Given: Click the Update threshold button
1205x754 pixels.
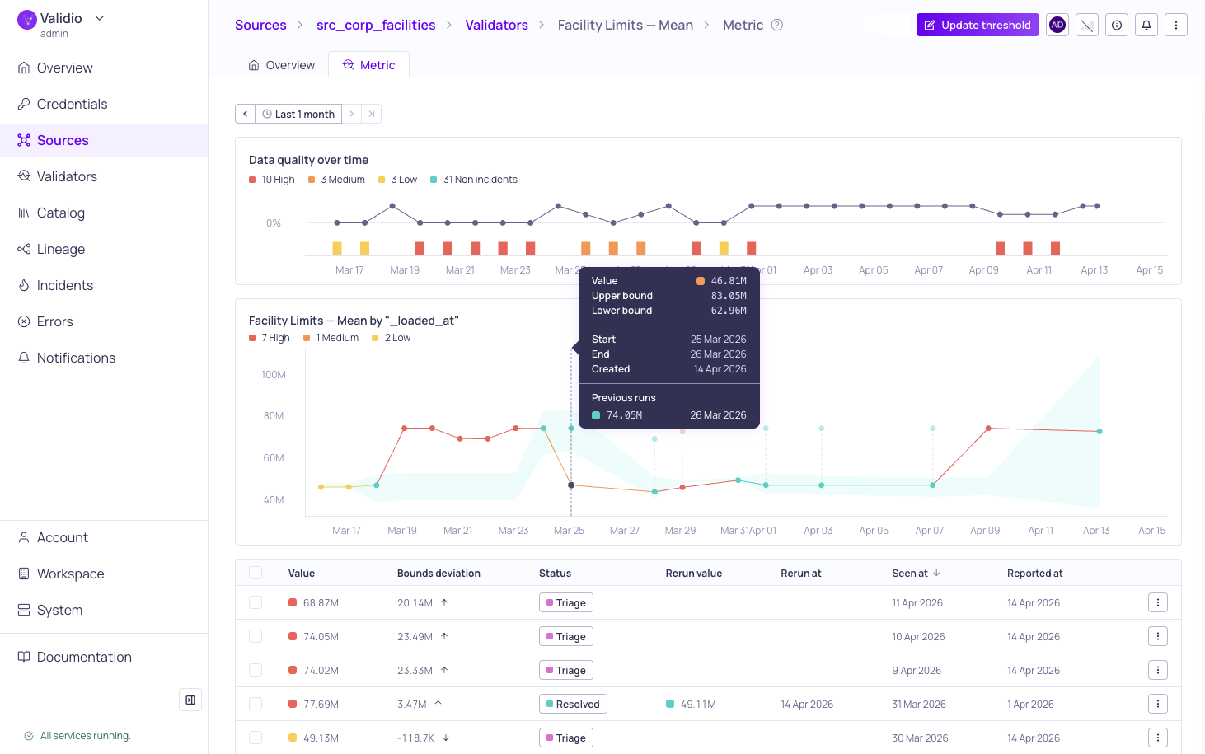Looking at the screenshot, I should [x=978, y=25].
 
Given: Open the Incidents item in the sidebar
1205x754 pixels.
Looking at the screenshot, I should [x=64, y=285].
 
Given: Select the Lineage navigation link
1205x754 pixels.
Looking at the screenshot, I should [x=60, y=249].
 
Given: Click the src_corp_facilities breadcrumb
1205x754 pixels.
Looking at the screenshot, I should [x=376, y=25].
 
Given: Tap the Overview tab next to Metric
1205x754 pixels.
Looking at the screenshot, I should [x=282, y=65].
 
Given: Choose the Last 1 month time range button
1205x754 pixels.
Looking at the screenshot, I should [x=298, y=114].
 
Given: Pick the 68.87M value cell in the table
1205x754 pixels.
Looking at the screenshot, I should [x=321, y=602].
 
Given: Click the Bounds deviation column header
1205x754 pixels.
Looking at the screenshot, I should [x=438, y=574].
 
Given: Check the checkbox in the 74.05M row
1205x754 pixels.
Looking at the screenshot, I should [x=256, y=636].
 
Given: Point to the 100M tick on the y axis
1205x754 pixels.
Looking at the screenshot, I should [x=274, y=375].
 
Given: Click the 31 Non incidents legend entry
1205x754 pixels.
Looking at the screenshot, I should [x=480, y=180].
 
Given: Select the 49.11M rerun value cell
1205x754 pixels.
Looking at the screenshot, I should [x=697, y=704].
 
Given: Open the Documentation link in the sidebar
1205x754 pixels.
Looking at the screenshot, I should [x=84, y=657].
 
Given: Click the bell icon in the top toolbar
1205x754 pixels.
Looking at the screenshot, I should [x=1146, y=25].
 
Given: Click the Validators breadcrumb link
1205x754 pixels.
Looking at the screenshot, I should [x=496, y=25].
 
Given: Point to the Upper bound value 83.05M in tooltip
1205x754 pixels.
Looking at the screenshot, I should [x=729, y=296].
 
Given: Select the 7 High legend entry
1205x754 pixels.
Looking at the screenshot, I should [x=275, y=338].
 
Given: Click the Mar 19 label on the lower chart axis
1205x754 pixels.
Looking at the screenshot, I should [x=402, y=531].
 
